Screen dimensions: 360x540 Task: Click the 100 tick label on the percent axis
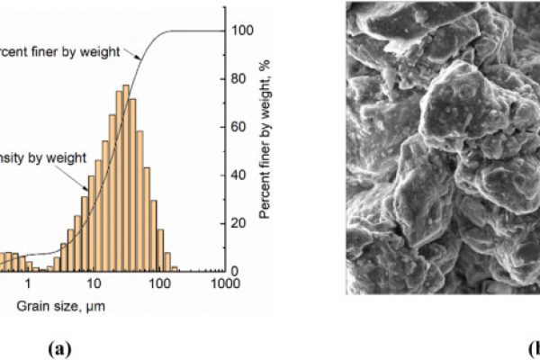pyautogui.click(x=240, y=30)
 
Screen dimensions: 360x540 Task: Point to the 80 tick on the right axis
pyautogui.click(x=238, y=78)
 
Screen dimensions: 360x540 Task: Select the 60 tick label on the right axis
pyautogui.click(x=238, y=127)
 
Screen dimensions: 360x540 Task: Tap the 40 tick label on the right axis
pyautogui.click(x=238, y=175)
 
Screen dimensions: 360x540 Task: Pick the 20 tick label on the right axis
pyautogui.click(x=238, y=223)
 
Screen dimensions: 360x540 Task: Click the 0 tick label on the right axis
pyautogui.click(x=235, y=271)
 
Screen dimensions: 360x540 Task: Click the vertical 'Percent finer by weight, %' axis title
pyautogui.click(x=266, y=148)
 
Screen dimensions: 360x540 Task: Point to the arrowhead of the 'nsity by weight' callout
pyautogui.click(x=87, y=188)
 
